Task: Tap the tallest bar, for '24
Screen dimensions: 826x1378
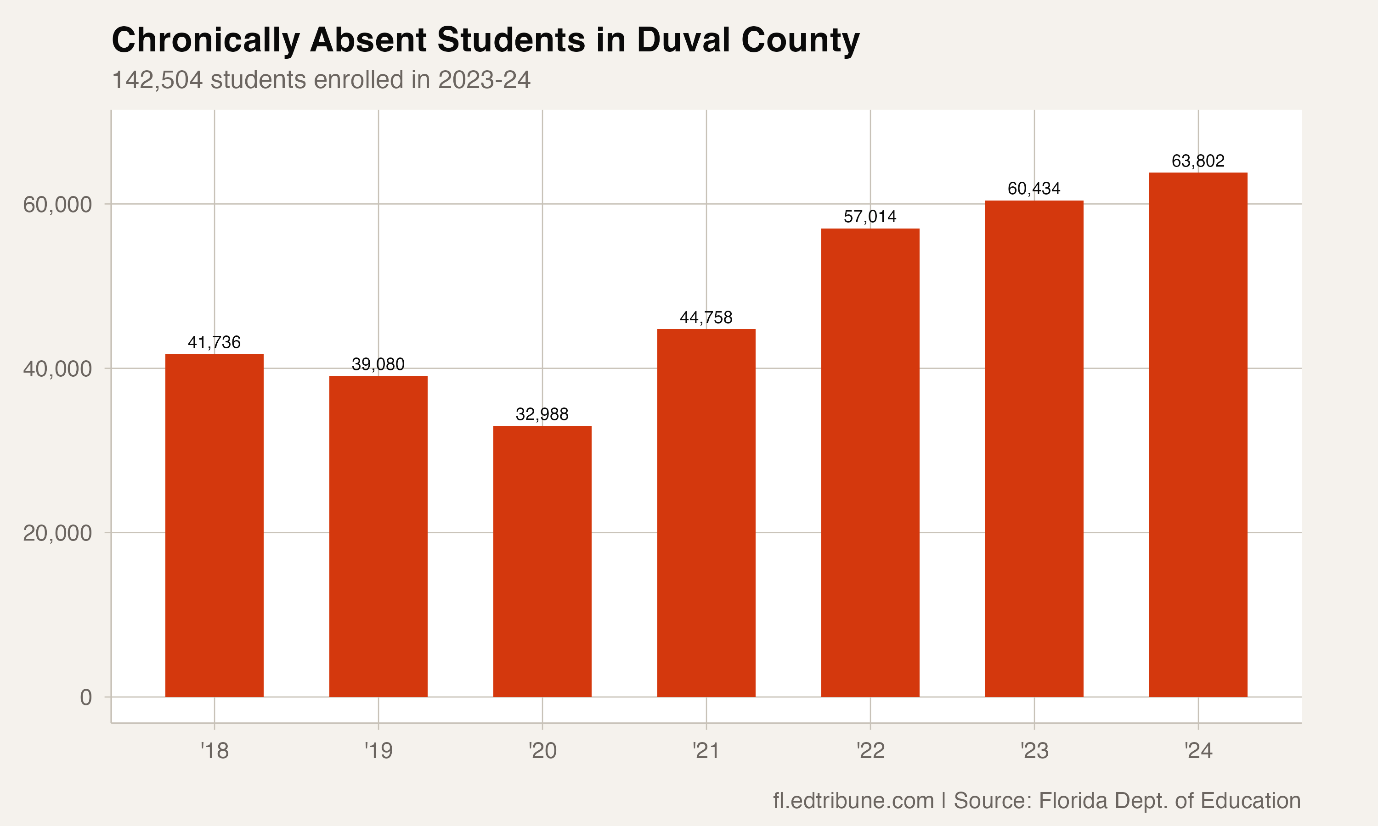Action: coord(1198,434)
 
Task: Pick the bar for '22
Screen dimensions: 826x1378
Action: coord(870,462)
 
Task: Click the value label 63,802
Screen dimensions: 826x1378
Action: coord(1198,161)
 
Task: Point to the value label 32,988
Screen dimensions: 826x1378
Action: coord(542,414)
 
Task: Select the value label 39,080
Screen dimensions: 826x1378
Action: coord(378,364)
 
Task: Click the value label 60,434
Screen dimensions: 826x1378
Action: coord(1034,189)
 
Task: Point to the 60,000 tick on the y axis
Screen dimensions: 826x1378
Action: coord(57,204)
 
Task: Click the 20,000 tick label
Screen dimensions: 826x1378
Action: coord(57,533)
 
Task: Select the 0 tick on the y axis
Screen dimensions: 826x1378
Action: coord(86,697)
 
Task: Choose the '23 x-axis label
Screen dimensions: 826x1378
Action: coord(1034,751)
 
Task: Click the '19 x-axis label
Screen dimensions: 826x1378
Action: coord(378,751)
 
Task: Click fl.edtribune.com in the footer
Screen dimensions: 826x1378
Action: coord(853,800)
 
